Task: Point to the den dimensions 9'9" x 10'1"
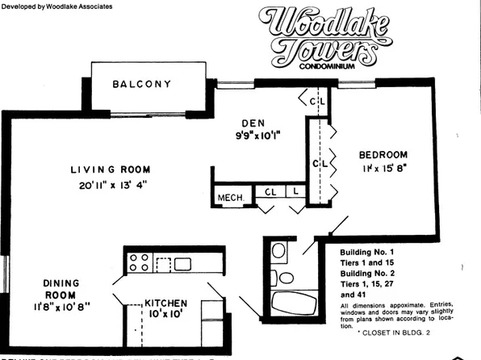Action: tap(257, 137)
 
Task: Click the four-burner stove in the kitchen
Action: tap(138, 263)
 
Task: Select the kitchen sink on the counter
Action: tap(182, 263)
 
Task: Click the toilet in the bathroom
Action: tap(278, 251)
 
